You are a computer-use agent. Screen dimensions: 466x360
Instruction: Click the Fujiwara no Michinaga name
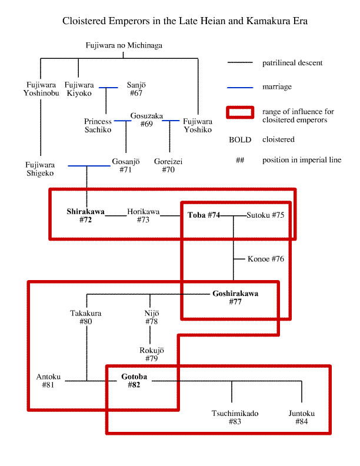tap(124, 45)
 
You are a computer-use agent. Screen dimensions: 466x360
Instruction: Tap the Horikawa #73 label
tap(144, 216)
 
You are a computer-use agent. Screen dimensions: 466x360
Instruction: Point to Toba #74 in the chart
tap(204, 215)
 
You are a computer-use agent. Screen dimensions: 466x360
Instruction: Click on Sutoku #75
tap(265, 215)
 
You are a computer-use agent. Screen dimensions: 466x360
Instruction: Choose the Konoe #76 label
tap(266, 259)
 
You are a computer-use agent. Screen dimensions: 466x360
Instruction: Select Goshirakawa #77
tap(235, 298)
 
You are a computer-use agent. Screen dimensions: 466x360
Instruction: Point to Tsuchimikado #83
tap(235, 418)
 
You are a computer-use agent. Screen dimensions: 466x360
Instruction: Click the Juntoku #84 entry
tap(302, 418)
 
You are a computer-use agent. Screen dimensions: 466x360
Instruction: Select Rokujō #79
tap(152, 354)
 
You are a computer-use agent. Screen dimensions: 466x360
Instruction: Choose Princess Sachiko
tap(98, 126)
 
